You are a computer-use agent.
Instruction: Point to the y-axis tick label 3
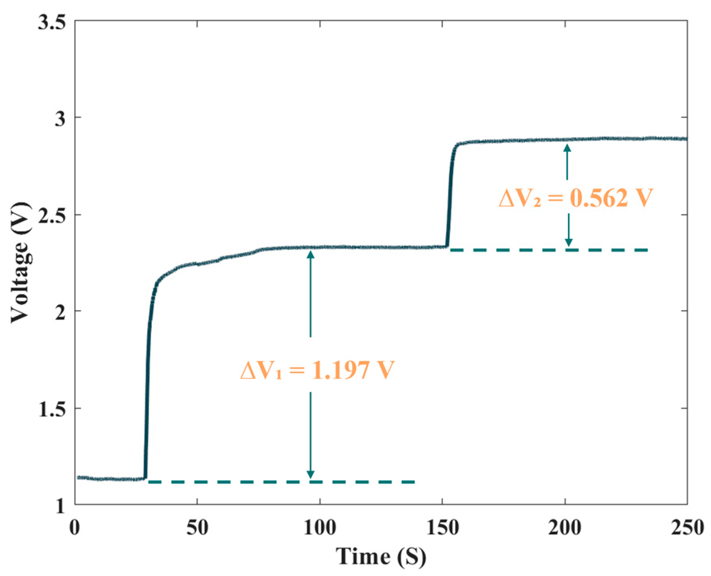pyautogui.click(x=60, y=118)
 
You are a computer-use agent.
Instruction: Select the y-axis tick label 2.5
pyautogui.click(x=51, y=215)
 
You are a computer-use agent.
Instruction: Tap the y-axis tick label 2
pyautogui.click(x=60, y=312)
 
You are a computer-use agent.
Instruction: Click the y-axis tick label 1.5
pyautogui.click(x=51, y=409)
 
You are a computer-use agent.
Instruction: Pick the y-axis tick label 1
pyautogui.click(x=60, y=506)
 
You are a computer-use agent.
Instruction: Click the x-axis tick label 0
pyautogui.click(x=75, y=528)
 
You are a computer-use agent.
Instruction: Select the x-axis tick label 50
pyautogui.click(x=197, y=528)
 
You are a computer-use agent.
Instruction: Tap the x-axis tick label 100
pyautogui.click(x=320, y=528)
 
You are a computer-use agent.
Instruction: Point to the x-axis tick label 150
pyautogui.click(x=442, y=528)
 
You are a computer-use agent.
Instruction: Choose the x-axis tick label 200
pyautogui.click(x=565, y=528)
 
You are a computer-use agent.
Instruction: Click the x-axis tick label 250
pyautogui.click(x=687, y=528)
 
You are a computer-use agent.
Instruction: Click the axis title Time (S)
pyautogui.click(x=381, y=557)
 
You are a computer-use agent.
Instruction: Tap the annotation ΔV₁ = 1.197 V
pyautogui.click(x=317, y=370)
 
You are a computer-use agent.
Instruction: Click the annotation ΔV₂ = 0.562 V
pyautogui.click(x=576, y=198)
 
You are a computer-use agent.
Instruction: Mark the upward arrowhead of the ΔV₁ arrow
pyautogui.click(x=310, y=254)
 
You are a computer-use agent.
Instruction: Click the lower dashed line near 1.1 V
pyautogui.click(x=281, y=482)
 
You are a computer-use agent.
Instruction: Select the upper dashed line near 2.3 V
pyautogui.click(x=549, y=250)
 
